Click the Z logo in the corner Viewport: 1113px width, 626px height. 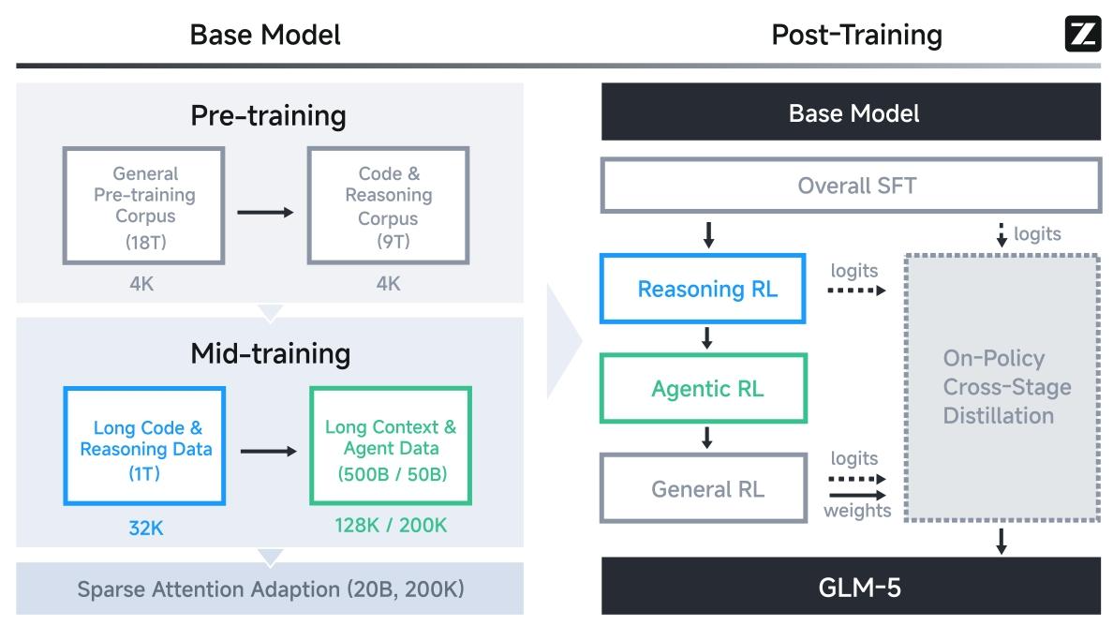1082,34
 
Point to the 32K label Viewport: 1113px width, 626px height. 146,528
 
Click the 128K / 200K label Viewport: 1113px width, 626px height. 391,525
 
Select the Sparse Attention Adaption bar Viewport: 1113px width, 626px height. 270,589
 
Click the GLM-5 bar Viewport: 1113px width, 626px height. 851,587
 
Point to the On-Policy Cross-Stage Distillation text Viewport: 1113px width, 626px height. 1006,387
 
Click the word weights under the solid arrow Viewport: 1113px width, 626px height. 857,511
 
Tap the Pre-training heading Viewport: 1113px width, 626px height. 268,115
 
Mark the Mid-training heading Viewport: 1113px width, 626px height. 271,353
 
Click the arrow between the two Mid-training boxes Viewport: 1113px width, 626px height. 268,452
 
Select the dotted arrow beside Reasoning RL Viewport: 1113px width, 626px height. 856,291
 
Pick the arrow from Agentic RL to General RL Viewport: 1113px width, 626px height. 707,438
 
